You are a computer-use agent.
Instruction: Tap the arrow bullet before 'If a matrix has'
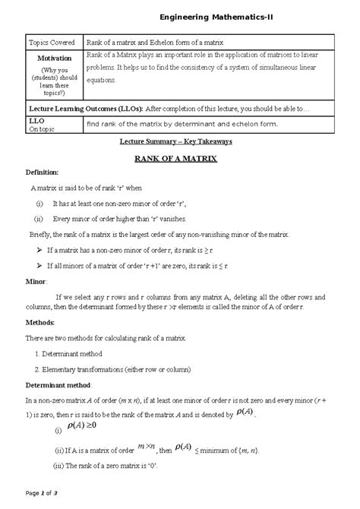click(39, 249)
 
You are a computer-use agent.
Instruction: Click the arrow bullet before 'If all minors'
click(39, 265)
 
